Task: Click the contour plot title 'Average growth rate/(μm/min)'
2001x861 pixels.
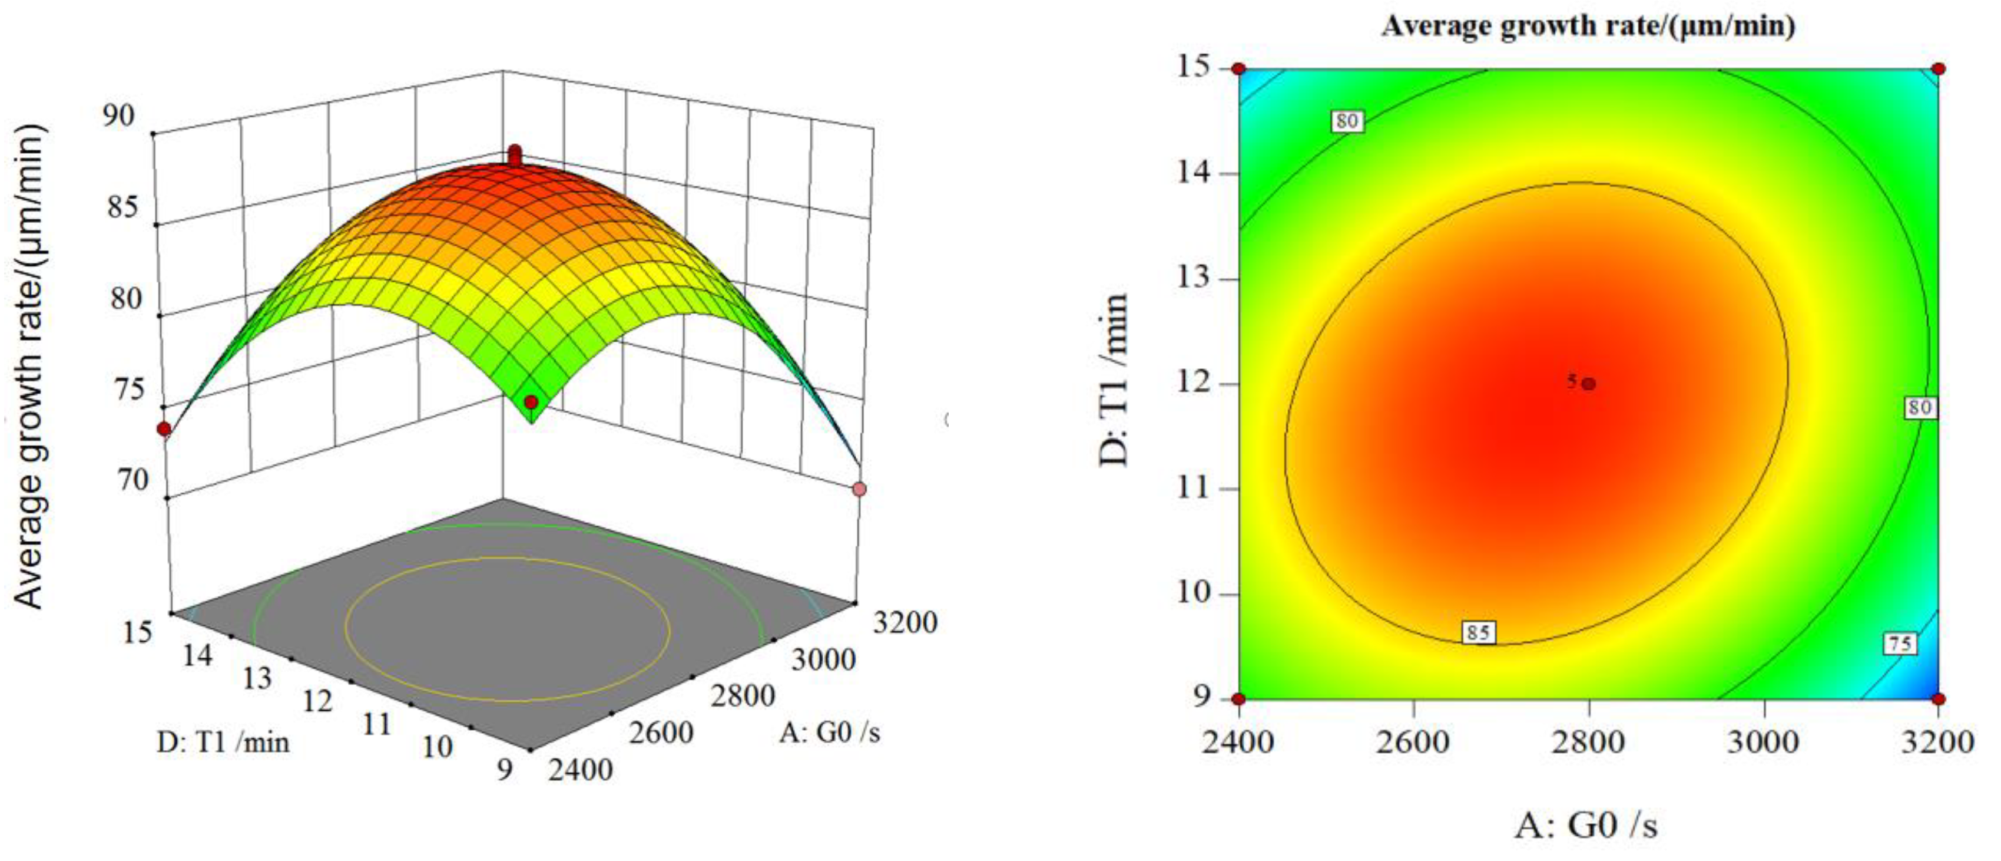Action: pos(1588,27)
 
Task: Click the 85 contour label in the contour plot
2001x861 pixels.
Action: pos(1477,632)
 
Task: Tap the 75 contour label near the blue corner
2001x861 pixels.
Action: pos(1900,644)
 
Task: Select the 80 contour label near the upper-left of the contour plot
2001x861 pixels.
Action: pos(1347,120)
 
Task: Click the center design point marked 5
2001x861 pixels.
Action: pos(1589,383)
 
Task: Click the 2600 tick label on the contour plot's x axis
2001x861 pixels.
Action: pos(1412,741)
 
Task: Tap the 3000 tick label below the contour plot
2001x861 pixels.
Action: pos(1763,741)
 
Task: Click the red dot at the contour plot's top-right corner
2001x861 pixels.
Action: pos(1939,68)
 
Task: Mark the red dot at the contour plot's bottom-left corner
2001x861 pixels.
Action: pos(1239,698)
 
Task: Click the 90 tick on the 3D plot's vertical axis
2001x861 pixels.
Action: pos(118,116)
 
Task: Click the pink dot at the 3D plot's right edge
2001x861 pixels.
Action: pos(859,489)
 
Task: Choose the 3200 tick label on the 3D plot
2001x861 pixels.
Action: pos(905,622)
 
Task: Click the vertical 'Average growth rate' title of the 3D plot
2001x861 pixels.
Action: pos(29,365)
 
